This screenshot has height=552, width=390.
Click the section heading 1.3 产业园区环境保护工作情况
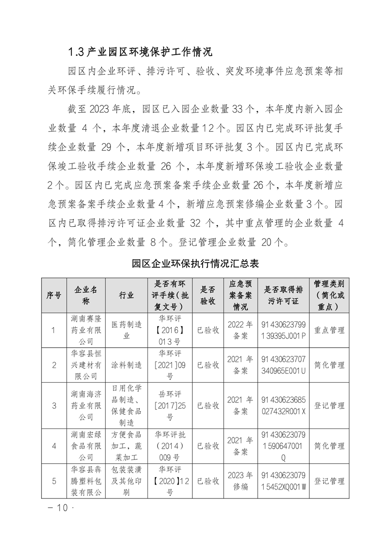tap(140, 51)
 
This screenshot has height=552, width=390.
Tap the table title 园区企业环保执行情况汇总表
tap(195, 263)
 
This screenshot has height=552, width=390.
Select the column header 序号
tap(54, 295)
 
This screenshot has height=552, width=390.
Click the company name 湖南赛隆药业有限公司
tap(86, 330)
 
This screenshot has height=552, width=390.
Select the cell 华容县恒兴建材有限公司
tap(86, 365)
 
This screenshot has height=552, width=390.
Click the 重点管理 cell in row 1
tap(330, 330)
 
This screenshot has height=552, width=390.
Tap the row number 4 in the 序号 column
tap(54, 446)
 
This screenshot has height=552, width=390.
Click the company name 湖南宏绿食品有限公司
tap(86, 446)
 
